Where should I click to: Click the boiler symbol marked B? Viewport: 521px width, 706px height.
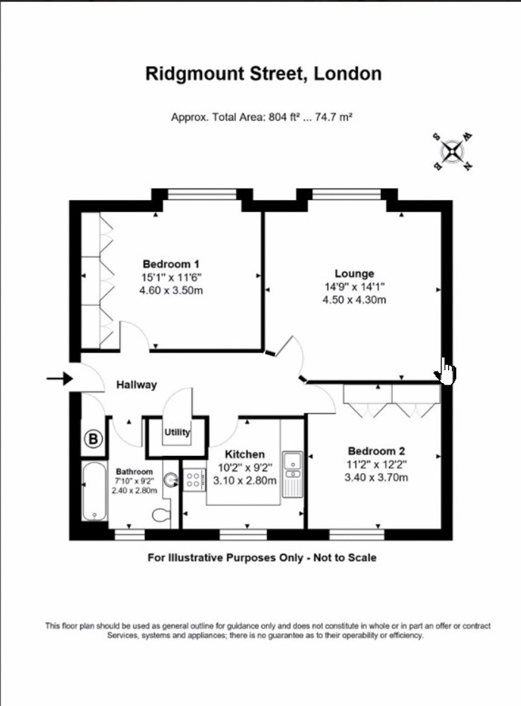(93, 438)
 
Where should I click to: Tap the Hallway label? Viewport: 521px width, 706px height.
(137, 385)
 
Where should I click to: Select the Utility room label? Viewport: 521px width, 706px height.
(177, 432)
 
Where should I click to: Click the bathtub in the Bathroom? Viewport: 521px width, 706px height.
(95, 491)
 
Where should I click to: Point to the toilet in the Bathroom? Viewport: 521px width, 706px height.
(161, 515)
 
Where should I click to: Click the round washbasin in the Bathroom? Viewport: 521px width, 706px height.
(171, 480)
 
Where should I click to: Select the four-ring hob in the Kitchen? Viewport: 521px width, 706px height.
(194, 479)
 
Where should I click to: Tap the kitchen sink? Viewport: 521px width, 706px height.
(292, 474)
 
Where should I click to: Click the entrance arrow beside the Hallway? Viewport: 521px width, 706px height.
(60, 379)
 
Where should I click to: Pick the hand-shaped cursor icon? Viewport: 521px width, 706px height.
(445, 371)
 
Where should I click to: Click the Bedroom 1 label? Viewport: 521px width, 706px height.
(171, 264)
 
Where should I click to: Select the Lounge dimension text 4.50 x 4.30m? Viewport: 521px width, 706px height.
(354, 300)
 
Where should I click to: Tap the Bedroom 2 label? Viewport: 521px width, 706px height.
(376, 451)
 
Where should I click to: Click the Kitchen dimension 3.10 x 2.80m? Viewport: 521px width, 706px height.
(245, 480)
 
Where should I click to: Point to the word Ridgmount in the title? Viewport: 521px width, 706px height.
(195, 74)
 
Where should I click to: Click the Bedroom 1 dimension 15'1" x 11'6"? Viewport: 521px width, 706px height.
(171, 277)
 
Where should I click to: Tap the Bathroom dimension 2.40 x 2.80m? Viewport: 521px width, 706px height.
(135, 491)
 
